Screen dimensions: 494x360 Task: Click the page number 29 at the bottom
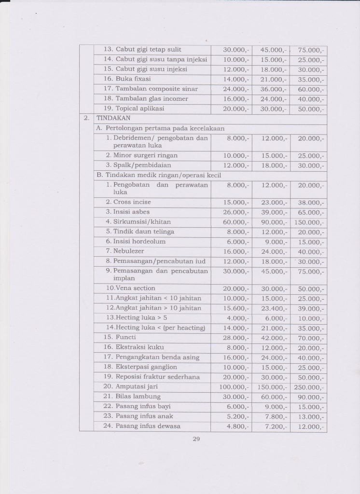pyautogui.click(x=196, y=439)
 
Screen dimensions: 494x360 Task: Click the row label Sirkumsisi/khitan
pyautogui.click(x=138, y=222)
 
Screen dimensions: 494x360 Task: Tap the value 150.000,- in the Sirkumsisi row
pyautogui.click(x=309, y=222)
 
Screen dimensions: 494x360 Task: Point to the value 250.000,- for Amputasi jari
pyautogui.click(x=309, y=387)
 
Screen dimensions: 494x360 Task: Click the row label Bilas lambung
pyautogui.click(x=133, y=397)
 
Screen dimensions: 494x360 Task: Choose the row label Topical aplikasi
pyautogui.click(x=135, y=109)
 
